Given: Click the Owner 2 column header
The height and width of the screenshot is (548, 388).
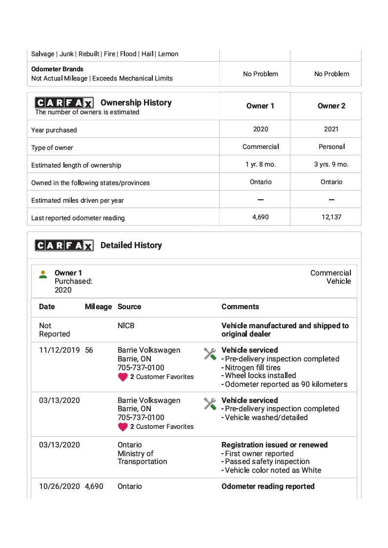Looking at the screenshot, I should point(331,106).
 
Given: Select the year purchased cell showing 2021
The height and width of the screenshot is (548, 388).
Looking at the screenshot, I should point(331,129).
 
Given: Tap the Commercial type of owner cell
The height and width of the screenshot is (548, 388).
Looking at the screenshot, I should point(261,147).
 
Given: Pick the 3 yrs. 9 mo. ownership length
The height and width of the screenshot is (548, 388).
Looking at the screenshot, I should point(331,164).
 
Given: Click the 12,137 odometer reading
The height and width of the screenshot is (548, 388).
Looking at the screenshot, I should point(331,217).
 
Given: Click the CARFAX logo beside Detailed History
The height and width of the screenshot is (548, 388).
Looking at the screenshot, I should point(64,245).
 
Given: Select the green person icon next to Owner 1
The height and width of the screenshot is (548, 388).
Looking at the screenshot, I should point(43,274).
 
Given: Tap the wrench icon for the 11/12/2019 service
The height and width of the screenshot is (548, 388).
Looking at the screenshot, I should point(210,354).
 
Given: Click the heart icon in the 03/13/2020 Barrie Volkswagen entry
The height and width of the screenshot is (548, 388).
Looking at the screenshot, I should point(123,426).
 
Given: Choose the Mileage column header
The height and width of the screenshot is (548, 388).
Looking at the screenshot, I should point(98,307).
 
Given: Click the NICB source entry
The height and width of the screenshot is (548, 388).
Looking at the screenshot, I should point(126,325).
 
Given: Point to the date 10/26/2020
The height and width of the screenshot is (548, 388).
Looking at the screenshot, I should point(59,486).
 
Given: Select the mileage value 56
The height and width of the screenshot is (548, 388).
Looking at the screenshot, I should point(89,350).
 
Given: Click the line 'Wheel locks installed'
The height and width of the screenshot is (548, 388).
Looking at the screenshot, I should point(260,376).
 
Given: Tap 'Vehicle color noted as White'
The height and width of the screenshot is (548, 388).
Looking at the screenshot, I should point(273,470).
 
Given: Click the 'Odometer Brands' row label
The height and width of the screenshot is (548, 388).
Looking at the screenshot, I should point(58,69).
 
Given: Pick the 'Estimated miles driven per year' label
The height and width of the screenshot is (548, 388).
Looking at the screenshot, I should point(78,200).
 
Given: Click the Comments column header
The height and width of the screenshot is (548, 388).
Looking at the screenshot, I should point(240,307).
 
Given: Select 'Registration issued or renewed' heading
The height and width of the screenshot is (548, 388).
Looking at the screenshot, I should point(274,445).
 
